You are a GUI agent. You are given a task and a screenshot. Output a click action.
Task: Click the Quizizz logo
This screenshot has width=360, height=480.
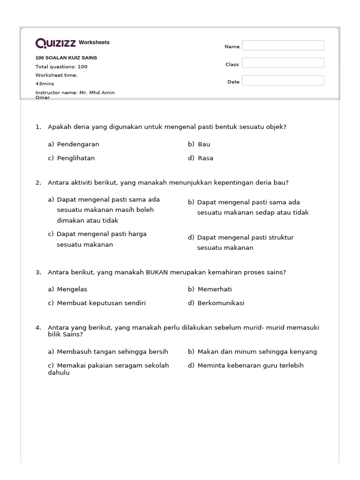click(x=56, y=43)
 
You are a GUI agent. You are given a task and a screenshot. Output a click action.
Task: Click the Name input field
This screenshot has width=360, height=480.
click(x=283, y=45)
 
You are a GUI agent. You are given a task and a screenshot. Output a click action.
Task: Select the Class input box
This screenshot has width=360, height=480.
click(x=283, y=63)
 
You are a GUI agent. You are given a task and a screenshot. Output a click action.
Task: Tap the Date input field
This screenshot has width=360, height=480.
click(x=283, y=81)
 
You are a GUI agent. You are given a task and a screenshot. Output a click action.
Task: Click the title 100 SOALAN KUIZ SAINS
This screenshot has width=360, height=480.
click(x=66, y=58)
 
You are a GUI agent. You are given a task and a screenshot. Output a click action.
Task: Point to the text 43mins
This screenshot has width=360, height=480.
click(x=45, y=83)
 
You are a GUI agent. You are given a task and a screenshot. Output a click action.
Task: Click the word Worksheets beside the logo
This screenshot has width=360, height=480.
click(x=94, y=43)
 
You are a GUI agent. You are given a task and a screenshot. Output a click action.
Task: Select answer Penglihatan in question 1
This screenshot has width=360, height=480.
click(x=75, y=158)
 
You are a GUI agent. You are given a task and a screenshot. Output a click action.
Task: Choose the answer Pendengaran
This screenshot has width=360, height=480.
click(x=78, y=144)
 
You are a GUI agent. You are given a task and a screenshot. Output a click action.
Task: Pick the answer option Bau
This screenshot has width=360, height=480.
click(x=204, y=144)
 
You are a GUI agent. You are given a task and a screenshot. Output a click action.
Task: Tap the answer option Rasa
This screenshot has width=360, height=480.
click(x=205, y=158)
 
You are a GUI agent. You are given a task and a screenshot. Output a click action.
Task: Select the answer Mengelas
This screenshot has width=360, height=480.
click(x=72, y=289)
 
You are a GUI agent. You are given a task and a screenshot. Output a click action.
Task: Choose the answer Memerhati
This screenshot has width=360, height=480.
click(x=215, y=289)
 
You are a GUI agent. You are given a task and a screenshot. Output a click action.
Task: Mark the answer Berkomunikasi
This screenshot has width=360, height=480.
click(x=221, y=303)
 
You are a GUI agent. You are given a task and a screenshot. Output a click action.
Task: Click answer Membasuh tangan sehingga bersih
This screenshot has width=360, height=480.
click(x=112, y=352)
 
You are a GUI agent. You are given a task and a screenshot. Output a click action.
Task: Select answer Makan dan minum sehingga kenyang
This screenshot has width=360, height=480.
click(x=257, y=352)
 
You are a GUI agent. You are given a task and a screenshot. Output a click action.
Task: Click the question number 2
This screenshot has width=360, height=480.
click(x=38, y=182)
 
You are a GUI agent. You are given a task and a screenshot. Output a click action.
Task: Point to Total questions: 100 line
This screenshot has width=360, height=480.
click(x=61, y=67)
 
